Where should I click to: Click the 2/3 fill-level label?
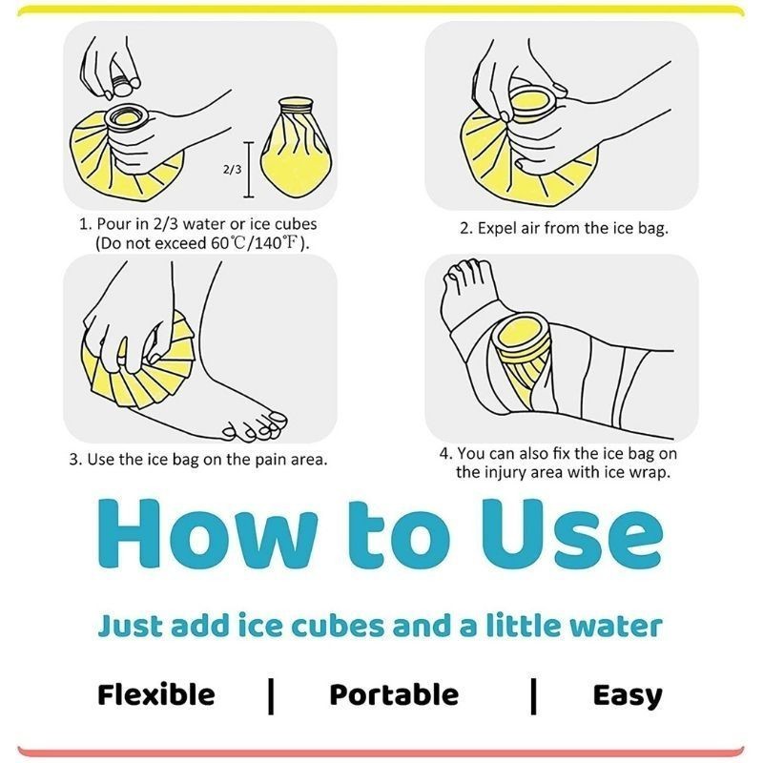232,170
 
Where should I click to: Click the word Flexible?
155,694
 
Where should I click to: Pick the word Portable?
394,694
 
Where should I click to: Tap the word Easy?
628,696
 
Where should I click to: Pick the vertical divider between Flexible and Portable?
271,696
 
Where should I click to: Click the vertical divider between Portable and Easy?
534,696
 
